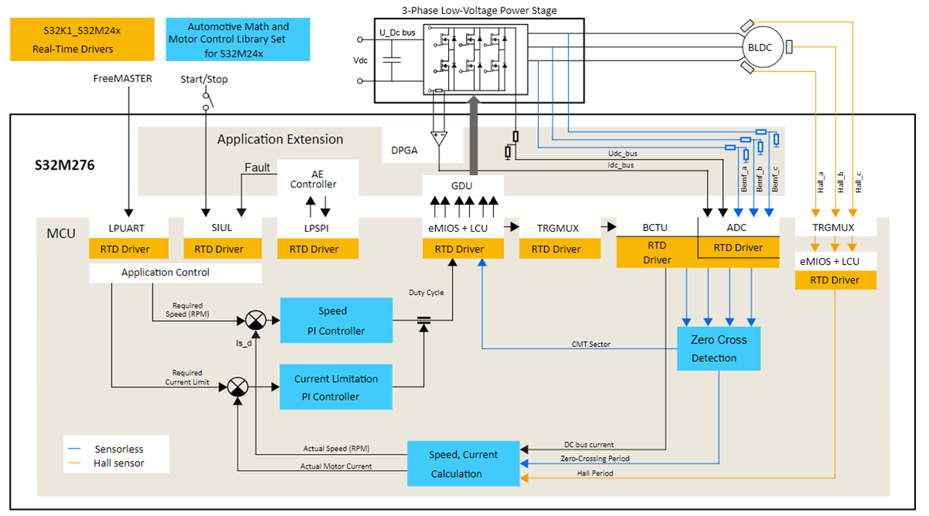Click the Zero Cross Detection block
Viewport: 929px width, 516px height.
[718, 348]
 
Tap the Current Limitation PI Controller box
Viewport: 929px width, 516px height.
[336, 387]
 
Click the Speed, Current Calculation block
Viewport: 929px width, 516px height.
[463, 464]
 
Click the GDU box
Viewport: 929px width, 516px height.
[462, 186]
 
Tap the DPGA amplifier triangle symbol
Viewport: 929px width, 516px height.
[440, 139]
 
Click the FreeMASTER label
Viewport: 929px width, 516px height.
[122, 78]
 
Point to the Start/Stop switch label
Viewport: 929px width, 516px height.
[204, 79]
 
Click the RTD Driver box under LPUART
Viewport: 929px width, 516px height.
[129, 249]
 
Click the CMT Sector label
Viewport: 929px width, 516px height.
[591, 343]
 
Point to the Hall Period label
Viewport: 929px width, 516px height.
[594, 473]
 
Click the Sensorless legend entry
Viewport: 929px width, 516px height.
[118, 449]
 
